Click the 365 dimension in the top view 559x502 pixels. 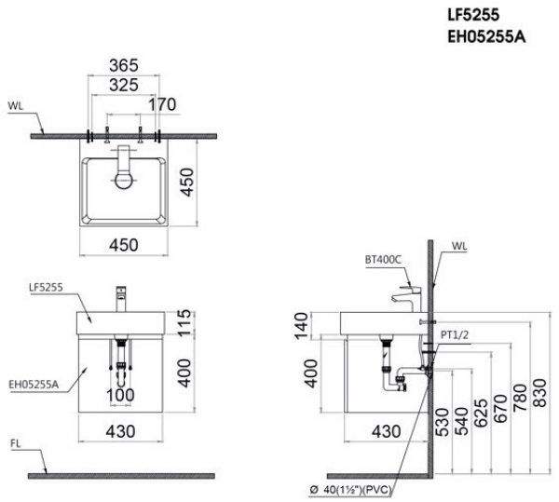click(x=123, y=65)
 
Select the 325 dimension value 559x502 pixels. click(x=123, y=85)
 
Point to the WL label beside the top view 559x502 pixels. click(x=15, y=105)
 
